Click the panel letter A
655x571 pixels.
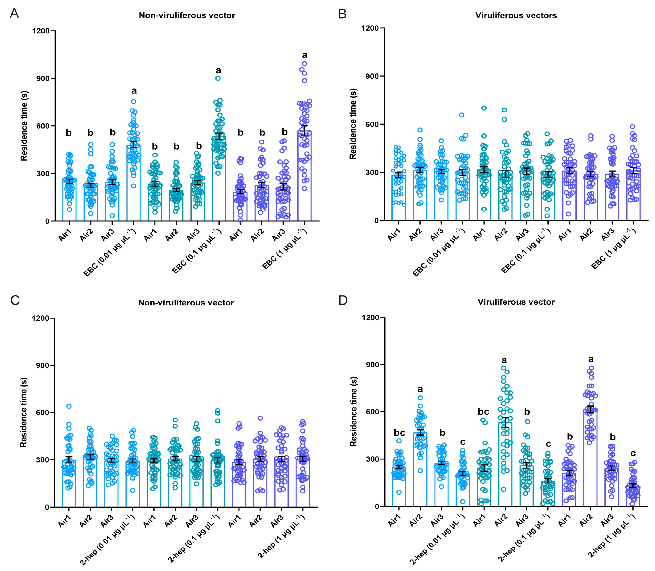click(14, 13)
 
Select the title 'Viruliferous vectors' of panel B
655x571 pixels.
click(516, 15)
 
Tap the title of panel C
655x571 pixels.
click(186, 302)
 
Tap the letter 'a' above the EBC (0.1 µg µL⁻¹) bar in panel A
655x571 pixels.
click(218, 70)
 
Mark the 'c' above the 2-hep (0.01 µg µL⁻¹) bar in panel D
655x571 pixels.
click(463, 442)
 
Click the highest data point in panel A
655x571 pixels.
click(304, 64)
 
